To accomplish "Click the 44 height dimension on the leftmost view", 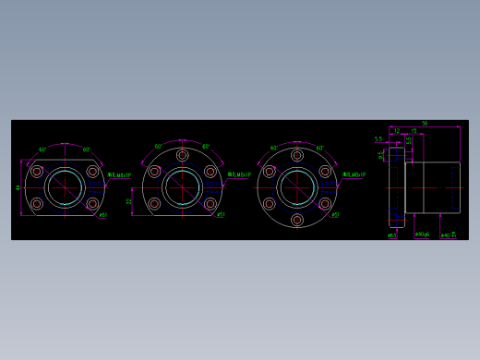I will [x=18, y=187].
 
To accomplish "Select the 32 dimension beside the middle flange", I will [x=129, y=201].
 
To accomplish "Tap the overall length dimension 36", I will [x=425, y=124].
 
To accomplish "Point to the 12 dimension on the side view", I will [x=397, y=131].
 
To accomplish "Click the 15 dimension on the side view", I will [x=414, y=131].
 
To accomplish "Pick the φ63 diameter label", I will [x=392, y=235].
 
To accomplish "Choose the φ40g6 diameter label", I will [x=422, y=234].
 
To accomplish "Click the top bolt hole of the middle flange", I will [x=182, y=155].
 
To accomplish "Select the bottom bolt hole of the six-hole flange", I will [x=297, y=220].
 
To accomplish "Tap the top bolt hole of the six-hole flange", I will [x=297, y=155].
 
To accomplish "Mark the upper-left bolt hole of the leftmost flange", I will [x=37, y=172].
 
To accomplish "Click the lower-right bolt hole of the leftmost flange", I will [x=92, y=204].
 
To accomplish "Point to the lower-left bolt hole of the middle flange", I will [x=154, y=204].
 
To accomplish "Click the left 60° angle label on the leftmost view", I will [x=42, y=150].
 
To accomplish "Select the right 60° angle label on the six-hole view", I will [x=320, y=149].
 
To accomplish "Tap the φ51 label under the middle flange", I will [x=221, y=215].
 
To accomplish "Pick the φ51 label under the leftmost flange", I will [x=102, y=215].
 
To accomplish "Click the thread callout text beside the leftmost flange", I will [x=119, y=174].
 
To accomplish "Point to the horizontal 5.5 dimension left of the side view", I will [x=378, y=139].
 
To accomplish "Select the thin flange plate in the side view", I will [x=397, y=187].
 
